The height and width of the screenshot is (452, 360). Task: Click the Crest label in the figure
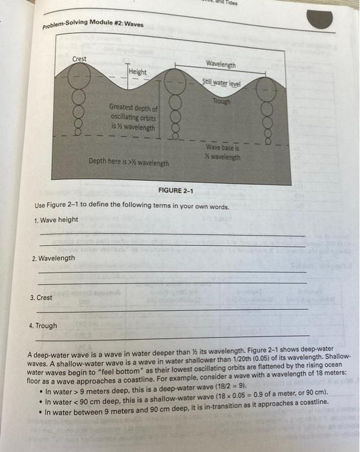(79, 59)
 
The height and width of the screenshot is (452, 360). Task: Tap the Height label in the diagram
(138, 72)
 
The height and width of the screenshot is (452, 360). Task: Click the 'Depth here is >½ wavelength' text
(129, 163)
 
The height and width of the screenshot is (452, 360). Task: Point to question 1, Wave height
(56, 220)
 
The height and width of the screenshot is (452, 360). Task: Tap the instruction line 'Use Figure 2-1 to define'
(136, 205)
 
